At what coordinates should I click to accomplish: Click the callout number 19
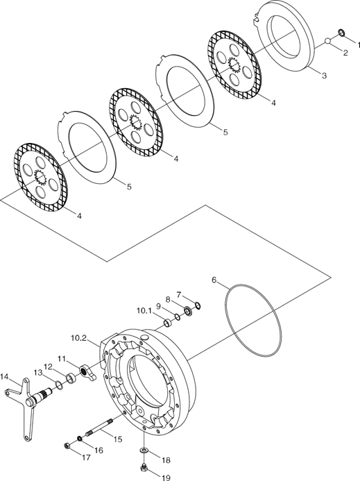(166, 478)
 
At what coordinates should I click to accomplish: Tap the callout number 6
(214, 280)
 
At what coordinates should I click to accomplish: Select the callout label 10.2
(79, 338)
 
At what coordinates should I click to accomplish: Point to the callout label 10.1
(144, 311)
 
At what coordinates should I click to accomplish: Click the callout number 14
(5, 377)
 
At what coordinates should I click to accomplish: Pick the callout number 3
(324, 75)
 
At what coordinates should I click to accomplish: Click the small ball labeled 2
(328, 41)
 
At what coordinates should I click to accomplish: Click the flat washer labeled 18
(144, 450)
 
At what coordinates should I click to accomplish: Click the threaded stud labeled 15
(98, 428)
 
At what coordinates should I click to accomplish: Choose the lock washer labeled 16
(79, 439)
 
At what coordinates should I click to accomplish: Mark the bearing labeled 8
(188, 310)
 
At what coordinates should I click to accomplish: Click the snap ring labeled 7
(198, 305)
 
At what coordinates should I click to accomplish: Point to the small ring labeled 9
(178, 317)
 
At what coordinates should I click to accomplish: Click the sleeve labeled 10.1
(169, 323)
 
